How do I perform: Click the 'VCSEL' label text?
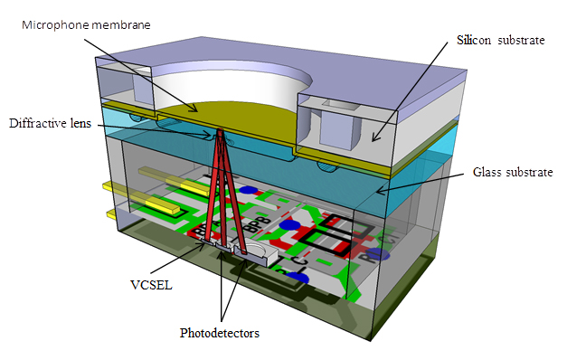[x=146, y=281]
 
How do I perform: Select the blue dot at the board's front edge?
[x=303, y=278]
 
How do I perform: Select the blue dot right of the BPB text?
[x=289, y=225]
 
